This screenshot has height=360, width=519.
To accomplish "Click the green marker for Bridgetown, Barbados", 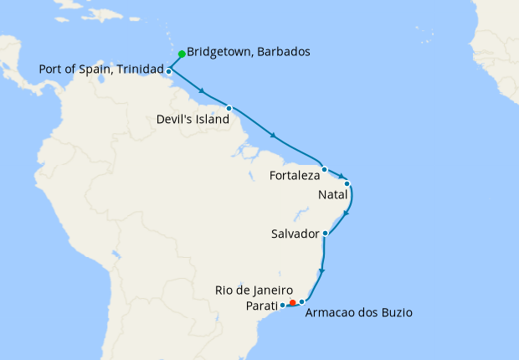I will pyautogui.click(x=182, y=54).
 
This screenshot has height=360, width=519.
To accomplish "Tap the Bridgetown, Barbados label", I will pyautogui.click(x=249, y=52).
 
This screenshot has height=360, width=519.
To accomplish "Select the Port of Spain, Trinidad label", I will pyautogui.click(x=100, y=69).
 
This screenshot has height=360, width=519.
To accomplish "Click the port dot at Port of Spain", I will pyautogui.click(x=169, y=72).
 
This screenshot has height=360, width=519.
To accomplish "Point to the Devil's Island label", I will pyautogui.click(x=193, y=120).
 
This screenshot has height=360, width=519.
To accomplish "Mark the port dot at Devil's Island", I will pyautogui.click(x=229, y=108).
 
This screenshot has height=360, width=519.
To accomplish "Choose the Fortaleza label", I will pyautogui.click(x=294, y=176).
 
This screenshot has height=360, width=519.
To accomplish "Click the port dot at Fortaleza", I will pyautogui.click(x=324, y=169).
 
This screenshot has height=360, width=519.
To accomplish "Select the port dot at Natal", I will pyautogui.click(x=347, y=183).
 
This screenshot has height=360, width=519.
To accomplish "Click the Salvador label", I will pyautogui.click(x=295, y=234).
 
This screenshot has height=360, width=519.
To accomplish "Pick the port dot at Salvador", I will pyautogui.click(x=325, y=234).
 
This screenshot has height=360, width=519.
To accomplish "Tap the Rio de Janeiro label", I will pyautogui.click(x=254, y=290).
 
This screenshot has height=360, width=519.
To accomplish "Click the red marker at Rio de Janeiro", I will pyautogui.click(x=292, y=302).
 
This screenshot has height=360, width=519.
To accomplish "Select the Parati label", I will pyautogui.click(x=261, y=306).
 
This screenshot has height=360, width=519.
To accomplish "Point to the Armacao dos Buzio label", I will pyautogui.click(x=359, y=313).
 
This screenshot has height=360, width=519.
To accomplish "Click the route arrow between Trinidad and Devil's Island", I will pyautogui.click(x=201, y=90).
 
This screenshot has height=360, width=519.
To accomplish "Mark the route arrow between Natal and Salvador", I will pyautogui.click(x=346, y=213).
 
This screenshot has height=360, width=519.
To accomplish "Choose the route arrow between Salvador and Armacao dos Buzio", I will pyautogui.click(x=322, y=270).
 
